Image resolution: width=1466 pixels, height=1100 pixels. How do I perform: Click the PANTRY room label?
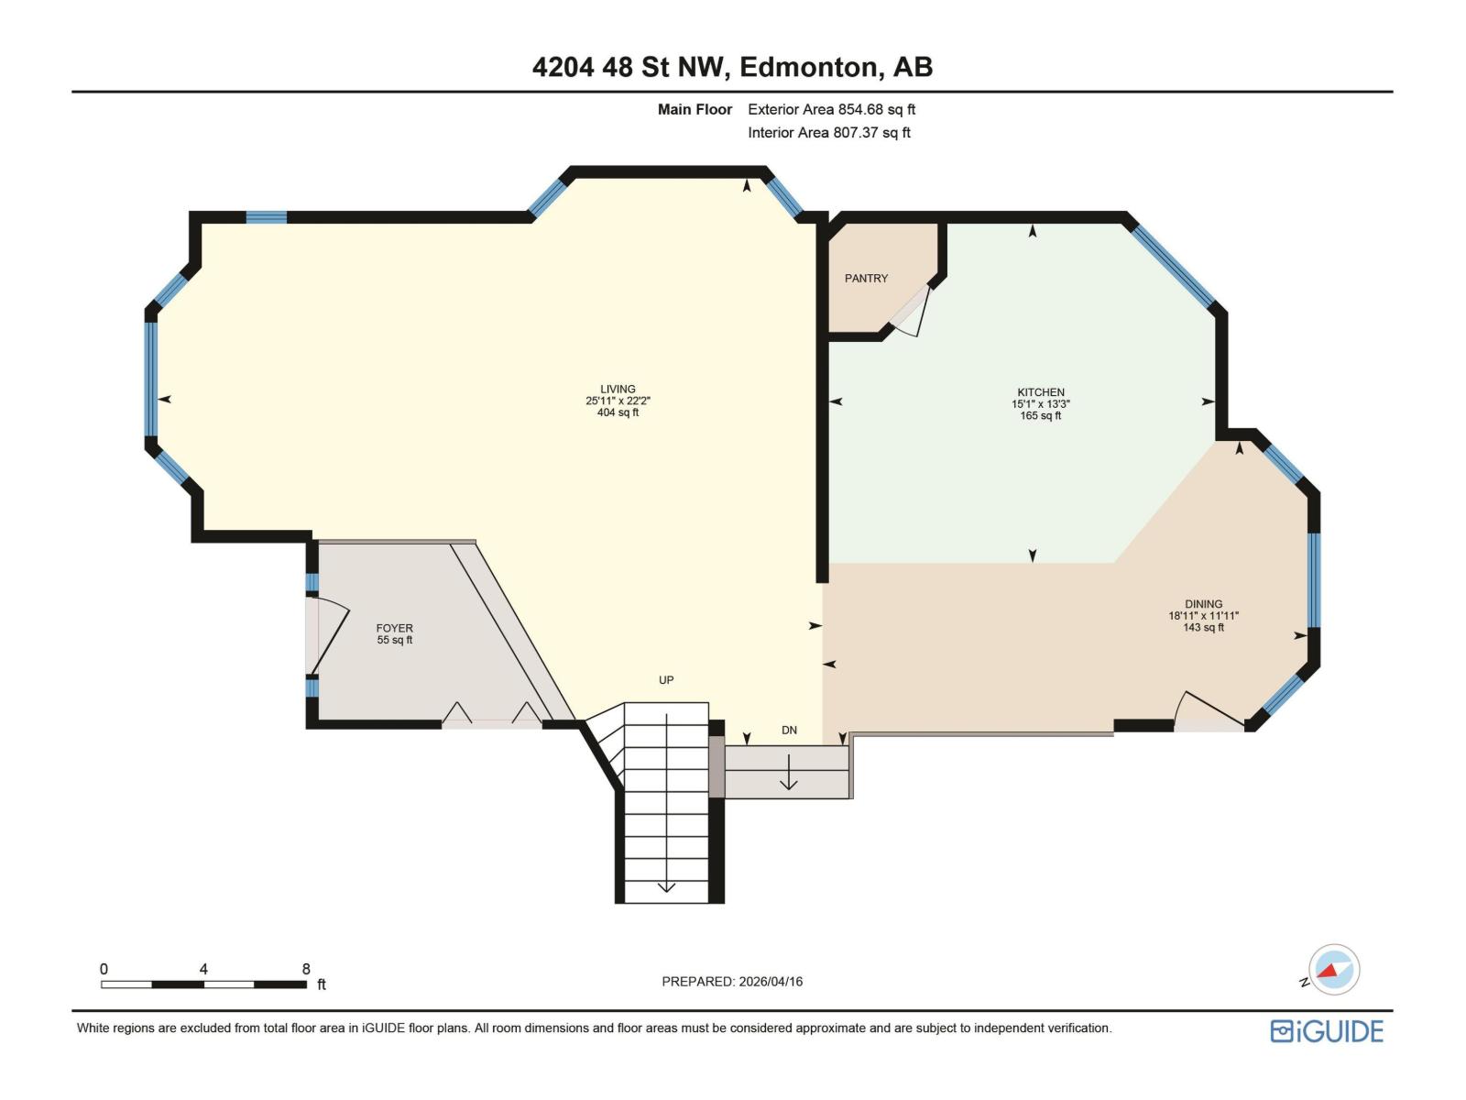866,278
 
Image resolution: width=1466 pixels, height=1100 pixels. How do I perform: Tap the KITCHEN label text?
1041,391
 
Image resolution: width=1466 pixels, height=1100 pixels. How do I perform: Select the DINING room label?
1203,604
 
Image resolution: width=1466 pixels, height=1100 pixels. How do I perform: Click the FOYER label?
394,628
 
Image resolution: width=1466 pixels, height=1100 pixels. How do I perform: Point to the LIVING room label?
618,389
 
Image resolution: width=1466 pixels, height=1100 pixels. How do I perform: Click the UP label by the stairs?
666,680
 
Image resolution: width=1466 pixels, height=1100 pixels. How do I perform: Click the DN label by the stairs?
789,731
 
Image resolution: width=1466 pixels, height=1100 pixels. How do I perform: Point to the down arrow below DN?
789,772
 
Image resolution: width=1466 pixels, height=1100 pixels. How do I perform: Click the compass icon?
1333,970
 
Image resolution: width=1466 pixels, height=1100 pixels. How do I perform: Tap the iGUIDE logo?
1327,1031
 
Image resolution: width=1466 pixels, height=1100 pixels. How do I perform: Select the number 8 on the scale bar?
306,969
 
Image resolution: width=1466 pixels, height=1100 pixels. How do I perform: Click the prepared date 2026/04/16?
771,982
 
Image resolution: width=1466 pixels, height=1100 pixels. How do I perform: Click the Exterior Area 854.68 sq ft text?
831,109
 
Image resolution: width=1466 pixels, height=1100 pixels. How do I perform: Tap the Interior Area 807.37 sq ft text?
828,132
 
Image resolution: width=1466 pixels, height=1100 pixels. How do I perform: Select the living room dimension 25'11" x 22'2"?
618,401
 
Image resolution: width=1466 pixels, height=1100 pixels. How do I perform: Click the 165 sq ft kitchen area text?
1041,415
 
